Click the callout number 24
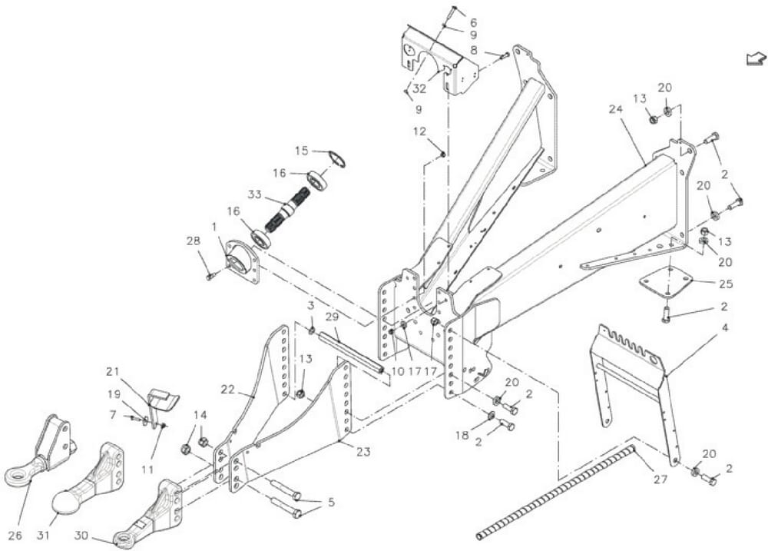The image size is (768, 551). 616,109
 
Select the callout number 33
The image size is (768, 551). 254,194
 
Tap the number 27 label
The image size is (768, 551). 660,479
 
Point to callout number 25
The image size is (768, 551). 726,284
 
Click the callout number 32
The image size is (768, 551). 419,88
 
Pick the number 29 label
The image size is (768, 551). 332,317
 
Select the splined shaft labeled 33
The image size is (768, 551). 283,212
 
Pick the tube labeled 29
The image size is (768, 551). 351,353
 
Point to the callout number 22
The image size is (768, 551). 228,389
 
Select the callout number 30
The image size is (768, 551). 81,536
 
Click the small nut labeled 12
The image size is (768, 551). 442,155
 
